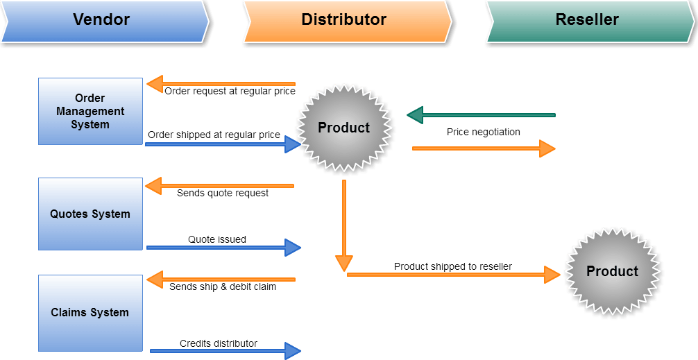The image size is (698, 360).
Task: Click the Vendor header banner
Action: pyautogui.click(x=101, y=20)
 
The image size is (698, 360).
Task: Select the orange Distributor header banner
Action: pyautogui.click(x=344, y=20)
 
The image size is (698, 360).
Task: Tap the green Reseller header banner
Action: pyautogui.click(x=587, y=20)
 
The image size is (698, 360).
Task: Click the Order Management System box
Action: pyautogui.click(x=90, y=111)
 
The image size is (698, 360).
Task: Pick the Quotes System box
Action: pyautogui.click(x=90, y=214)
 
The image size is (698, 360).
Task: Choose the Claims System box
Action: pyautogui.click(x=90, y=312)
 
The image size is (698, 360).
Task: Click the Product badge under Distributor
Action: pyautogui.click(x=344, y=128)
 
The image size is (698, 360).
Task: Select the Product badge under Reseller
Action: pyautogui.click(x=612, y=271)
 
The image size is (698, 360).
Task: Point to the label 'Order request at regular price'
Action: pyautogui.click(x=230, y=91)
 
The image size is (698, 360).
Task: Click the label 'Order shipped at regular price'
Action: pyautogui.click(x=214, y=135)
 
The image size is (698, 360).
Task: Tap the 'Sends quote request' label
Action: pyautogui.click(x=222, y=193)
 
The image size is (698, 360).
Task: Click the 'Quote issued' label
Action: pyautogui.click(x=216, y=239)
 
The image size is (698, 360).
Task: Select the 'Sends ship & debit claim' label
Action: pyautogui.click(x=222, y=286)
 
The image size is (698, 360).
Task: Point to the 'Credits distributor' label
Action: pyautogui.click(x=218, y=343)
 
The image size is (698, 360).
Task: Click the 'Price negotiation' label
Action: pyautogui.click(x=483, y=132)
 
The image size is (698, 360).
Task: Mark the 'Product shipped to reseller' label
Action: pyautogui.click(x=452, y=266)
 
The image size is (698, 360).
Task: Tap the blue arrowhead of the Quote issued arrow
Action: pyautogui.click(x=293, y=247)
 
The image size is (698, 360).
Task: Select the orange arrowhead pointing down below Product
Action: pyautogui.click(x=343, y=263)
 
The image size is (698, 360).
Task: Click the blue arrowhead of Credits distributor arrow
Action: pyautogui.click(x=293, y=351)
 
